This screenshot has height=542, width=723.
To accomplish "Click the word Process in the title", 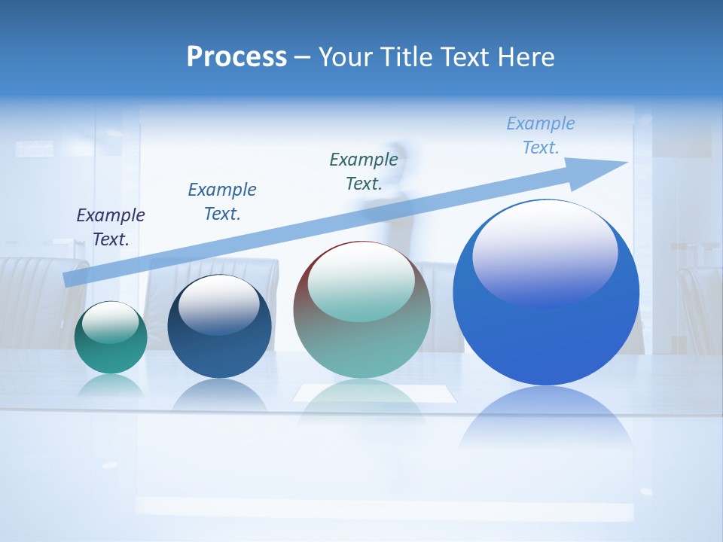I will (x=236, y=57).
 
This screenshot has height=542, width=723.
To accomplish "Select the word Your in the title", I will (x=346, y=57).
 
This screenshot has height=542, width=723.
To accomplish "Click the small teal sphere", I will (x=111, y=343).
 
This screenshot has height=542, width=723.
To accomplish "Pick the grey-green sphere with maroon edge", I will (x=361, y=331).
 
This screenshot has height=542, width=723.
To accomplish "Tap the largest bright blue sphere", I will (x=546, y=331).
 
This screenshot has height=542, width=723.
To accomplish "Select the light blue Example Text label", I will (x=541, y=135).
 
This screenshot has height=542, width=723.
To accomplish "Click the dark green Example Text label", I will (x=364, y=171).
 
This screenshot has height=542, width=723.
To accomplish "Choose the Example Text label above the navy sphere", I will (x=222, y=201).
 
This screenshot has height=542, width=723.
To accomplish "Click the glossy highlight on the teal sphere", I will (x=110, y=322).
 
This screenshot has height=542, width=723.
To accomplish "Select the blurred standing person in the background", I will (x=395, y=196).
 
